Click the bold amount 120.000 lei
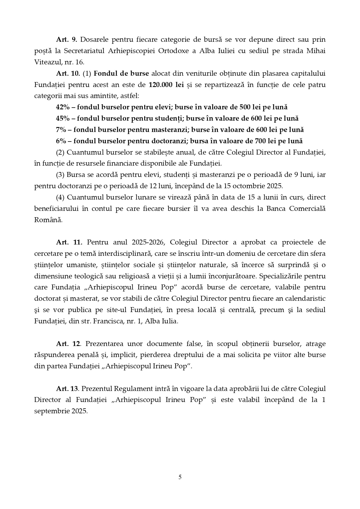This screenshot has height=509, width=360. [x=166, y=85]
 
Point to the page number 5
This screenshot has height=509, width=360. [x=180, y=477]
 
